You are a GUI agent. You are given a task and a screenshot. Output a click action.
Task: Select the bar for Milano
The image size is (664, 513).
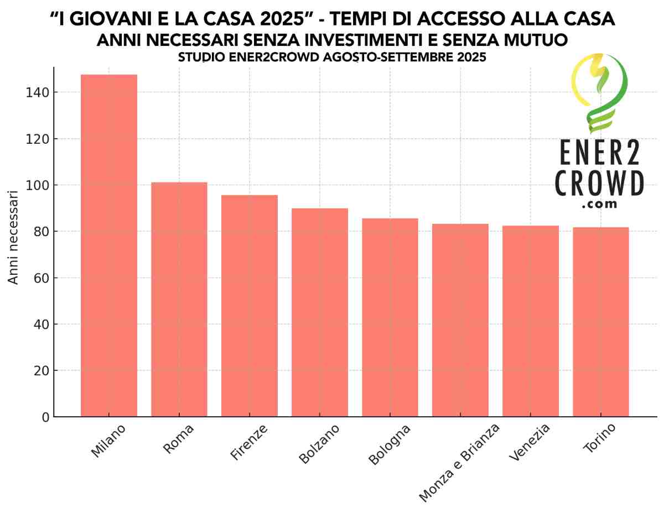click(x=108, y=245)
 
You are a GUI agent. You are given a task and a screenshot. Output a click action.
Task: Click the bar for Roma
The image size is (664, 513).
click(x=179, y=299)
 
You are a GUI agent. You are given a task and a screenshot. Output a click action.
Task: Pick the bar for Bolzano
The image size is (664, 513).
click(x=320, y=312)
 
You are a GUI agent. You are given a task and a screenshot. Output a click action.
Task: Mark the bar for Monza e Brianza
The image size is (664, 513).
click(x=460, y=320)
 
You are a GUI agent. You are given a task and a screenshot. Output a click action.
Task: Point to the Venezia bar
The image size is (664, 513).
click(x=531, y=321)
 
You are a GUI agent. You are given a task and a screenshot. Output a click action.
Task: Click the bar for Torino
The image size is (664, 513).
click(x=601, y=322)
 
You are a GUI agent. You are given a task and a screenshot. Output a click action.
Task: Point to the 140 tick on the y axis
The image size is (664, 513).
click(x=37, y=92)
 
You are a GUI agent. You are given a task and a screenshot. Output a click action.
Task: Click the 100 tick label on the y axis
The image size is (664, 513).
click(x=37, y=185)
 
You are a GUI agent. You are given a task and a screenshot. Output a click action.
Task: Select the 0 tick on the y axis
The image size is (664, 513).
click(x=44, y=417)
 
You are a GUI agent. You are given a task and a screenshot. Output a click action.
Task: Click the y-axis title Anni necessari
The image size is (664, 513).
click(x=13, y=238)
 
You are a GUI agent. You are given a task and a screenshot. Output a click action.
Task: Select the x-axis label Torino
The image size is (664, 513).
click(x=599, y=440)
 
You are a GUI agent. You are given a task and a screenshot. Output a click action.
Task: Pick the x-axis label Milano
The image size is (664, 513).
click(x=108, y=441)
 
